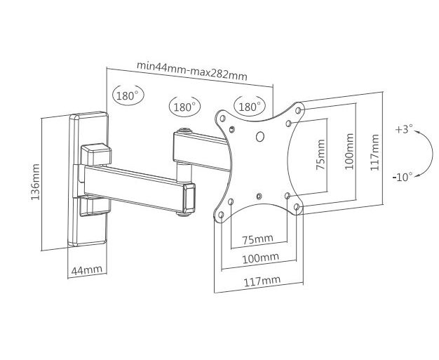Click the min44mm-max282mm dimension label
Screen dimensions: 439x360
click(191, 71)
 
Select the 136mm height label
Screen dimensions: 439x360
click(36, 182)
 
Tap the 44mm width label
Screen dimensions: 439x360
click(86, 270)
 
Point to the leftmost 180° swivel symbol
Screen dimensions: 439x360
click(128, 95)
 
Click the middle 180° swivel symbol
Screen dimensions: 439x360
click(184, 107)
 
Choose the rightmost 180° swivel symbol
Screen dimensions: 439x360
click(249, 106)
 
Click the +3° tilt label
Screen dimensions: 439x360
click(404, 129)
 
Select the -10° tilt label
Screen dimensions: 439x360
click(403, 177)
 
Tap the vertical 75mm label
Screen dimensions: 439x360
click(321, 154)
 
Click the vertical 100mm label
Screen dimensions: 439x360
click(349, 152)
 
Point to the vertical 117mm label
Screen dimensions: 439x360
click(374, 152)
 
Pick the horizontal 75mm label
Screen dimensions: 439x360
click(257, 240)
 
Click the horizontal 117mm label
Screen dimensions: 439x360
click(262, 281)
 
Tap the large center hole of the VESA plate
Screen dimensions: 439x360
click(260, 137)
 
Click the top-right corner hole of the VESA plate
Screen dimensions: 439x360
click(298, 110)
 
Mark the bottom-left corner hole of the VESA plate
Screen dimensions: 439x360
click(221, 215)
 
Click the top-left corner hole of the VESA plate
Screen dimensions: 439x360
click(223, 119)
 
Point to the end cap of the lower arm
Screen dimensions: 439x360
click(189, 199)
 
